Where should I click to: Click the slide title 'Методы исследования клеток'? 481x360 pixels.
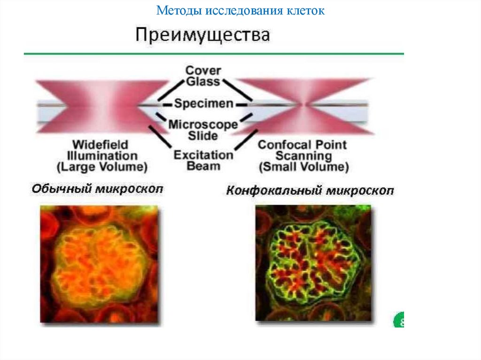point(240,10)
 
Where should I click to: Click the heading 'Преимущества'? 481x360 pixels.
point(203,36)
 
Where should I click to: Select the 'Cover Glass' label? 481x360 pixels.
point(203,76)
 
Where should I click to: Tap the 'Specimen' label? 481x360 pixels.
point(203,103)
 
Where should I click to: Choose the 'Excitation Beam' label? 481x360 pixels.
point(203,160)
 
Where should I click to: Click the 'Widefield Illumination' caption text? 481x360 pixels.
point(102,150)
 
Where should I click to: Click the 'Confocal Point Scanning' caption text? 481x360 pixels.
point(303,150)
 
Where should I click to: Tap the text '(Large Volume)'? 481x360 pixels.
point(102,167)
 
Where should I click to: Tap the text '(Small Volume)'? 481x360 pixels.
point(303,167)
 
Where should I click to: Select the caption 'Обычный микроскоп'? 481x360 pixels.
point(97,189)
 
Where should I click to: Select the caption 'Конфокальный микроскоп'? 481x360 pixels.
point(310,191)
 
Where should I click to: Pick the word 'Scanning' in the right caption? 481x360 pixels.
point(303,156)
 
